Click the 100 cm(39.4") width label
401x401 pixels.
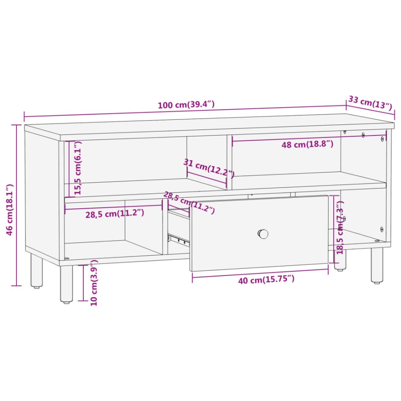(x=186, y=105)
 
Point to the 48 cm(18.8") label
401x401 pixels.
(x=307, y=144)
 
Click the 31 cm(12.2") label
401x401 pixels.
(x=209, y=168)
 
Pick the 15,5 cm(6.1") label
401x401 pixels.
(x=77, y=168)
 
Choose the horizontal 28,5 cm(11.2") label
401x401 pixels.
(x=115, y=213)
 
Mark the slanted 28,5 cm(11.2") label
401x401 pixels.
(x=189, y=203)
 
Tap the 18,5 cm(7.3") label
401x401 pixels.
(x=340, y=228)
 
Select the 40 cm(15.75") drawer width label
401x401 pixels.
(x=260, y=279)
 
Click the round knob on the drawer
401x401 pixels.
(x=263, y=233)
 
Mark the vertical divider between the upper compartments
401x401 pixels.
(x=229, y=161)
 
